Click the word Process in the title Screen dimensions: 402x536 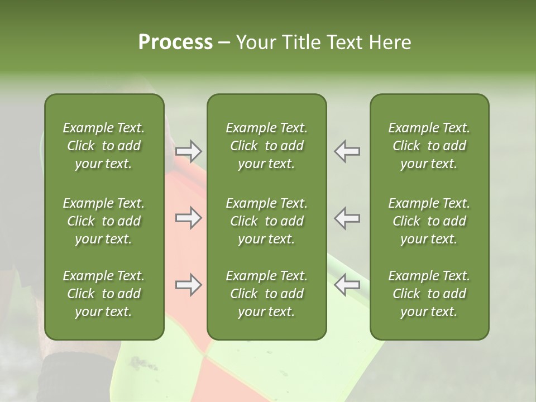(175, 42)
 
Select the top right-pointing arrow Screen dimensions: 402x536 (189, 151)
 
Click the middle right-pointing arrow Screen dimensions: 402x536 (189, 218)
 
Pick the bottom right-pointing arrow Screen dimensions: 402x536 (189, 285)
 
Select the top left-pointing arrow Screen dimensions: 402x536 (347, 151)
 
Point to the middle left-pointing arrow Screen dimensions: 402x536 (347, 218)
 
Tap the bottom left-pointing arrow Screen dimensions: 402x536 (347, 285)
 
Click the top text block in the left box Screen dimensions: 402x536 (104, 146)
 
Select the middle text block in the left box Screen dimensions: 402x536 (104, 221)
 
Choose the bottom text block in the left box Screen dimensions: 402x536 (104, 294)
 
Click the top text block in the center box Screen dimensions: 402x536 (266, 146)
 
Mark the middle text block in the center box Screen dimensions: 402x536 (266, 221)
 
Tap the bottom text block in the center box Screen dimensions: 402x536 (266, 294)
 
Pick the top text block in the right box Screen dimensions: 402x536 (429, 146)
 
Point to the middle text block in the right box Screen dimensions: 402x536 (429, 221)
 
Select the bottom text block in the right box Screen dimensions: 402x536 (429, 294)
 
